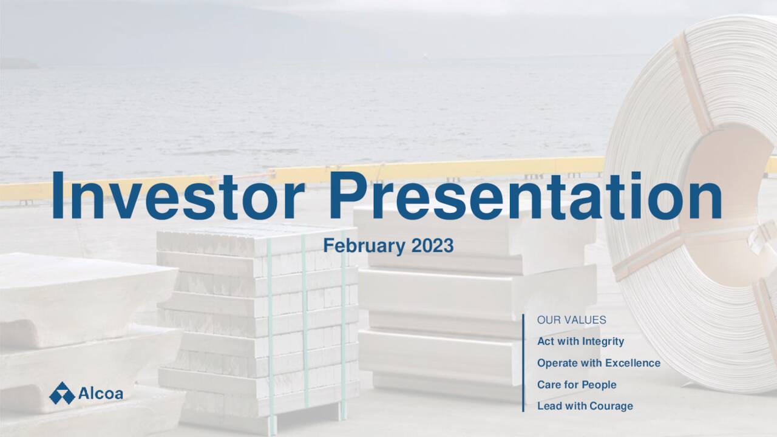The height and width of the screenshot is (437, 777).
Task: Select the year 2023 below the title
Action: tap(432, 246)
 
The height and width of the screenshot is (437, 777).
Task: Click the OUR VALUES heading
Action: tap(571, 320)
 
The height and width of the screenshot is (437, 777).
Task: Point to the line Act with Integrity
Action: tap(580, 341)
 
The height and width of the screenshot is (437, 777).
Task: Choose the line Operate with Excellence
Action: tap(598, 363)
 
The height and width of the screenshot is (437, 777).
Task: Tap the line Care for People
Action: tap(576, 384)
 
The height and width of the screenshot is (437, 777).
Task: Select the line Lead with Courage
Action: tap(585, 406)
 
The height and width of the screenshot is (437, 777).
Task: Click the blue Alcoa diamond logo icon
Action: tap(62, 393)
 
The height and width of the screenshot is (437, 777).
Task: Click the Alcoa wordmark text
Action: tap(101, 394)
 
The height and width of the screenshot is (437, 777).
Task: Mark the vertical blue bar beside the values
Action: tap(523, 363)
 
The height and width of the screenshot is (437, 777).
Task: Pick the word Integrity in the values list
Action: tap(603, 341)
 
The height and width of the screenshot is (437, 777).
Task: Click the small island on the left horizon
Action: tap(18, 63)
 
